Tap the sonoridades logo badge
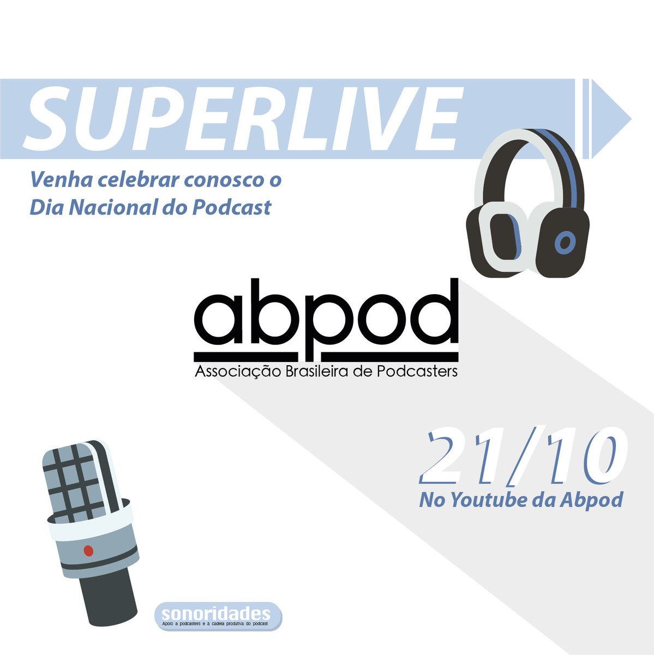218,616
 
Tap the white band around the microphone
90,521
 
